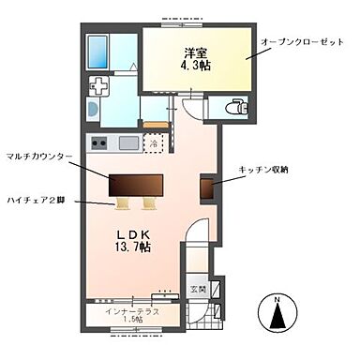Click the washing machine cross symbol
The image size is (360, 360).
[x=97, y=88]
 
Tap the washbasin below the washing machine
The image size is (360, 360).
[x=92, y=111]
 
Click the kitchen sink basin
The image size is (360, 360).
[x=128, y=143]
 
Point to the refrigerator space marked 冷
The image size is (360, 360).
[x=156, y=143]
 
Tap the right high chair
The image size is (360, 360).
[x=149, y=201]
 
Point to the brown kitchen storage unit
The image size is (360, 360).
[x=205, y=187]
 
